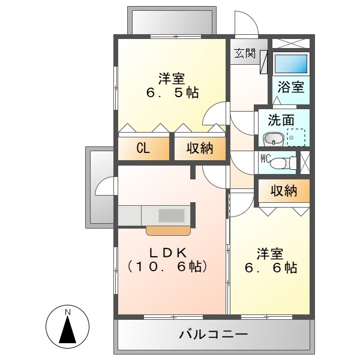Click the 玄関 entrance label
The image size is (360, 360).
point(245,53)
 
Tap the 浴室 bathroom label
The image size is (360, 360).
point(291,86)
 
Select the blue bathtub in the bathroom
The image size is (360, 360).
point(291,64)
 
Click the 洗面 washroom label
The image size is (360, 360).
point(281,119)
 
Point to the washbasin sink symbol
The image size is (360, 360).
point(274,140)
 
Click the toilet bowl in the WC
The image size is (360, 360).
point(287,162)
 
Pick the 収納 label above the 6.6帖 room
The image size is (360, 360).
point(283,191)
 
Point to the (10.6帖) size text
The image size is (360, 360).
point(167,266)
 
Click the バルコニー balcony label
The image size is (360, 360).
point(212,334)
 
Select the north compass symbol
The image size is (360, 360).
point(68,328)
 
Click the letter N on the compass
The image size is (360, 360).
point(68,313)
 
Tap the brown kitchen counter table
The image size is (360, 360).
point(169,230)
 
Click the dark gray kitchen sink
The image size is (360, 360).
point(172,215)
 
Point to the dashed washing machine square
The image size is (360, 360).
point(295,137)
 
